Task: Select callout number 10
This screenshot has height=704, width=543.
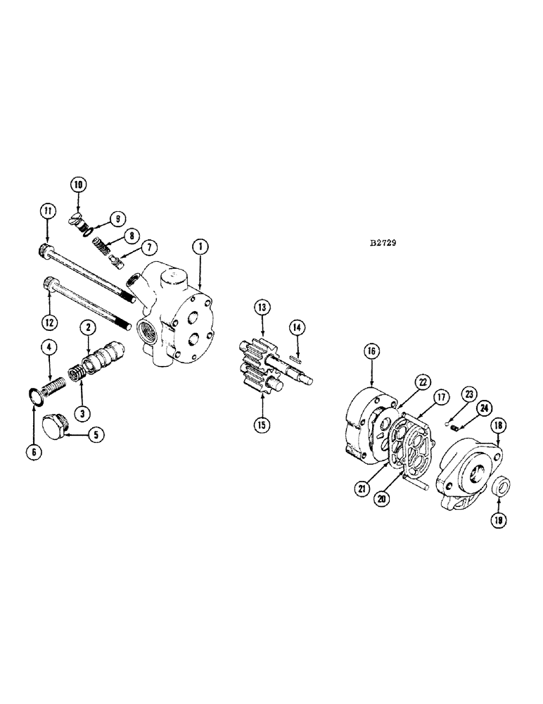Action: [x=77, y=184]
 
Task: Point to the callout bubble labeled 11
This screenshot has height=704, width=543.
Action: [x=46, y=209]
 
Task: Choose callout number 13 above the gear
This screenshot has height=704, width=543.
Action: [x=262, y=307]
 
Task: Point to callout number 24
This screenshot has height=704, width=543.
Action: [x=483, y=408]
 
